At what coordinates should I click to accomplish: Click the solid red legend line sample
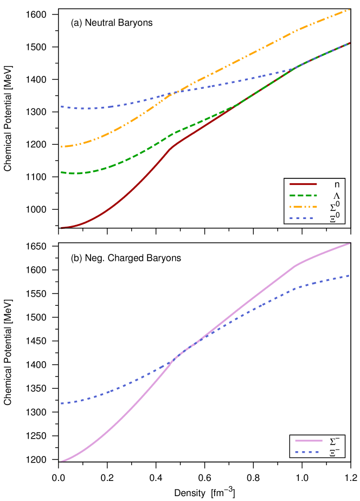click(x=303, y=184)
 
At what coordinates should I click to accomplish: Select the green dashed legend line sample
click(x=303, y=195)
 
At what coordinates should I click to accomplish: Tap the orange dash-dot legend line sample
click(x=303, y=207)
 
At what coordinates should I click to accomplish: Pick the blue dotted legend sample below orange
click(x=301, y=218)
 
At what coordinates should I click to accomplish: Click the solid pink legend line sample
click(x=308, y=441)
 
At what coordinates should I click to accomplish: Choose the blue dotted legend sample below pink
click(x=307, y=452)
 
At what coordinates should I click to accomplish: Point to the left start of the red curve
click(x=61, y=228)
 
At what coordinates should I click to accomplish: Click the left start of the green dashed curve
click(x=61, y=172)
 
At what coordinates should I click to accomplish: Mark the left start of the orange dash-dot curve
click(x=61, y=146)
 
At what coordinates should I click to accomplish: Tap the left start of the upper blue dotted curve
click(x=61, y=107)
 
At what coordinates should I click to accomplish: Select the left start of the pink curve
click(x=61, y=461)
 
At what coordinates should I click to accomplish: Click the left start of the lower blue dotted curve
click(x=61, y=403)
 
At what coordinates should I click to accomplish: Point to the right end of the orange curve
click(x=350, y=10)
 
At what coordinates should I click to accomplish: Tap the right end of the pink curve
click(x=350, y=243)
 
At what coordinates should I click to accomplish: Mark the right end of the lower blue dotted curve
click(x=350, y=275)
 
